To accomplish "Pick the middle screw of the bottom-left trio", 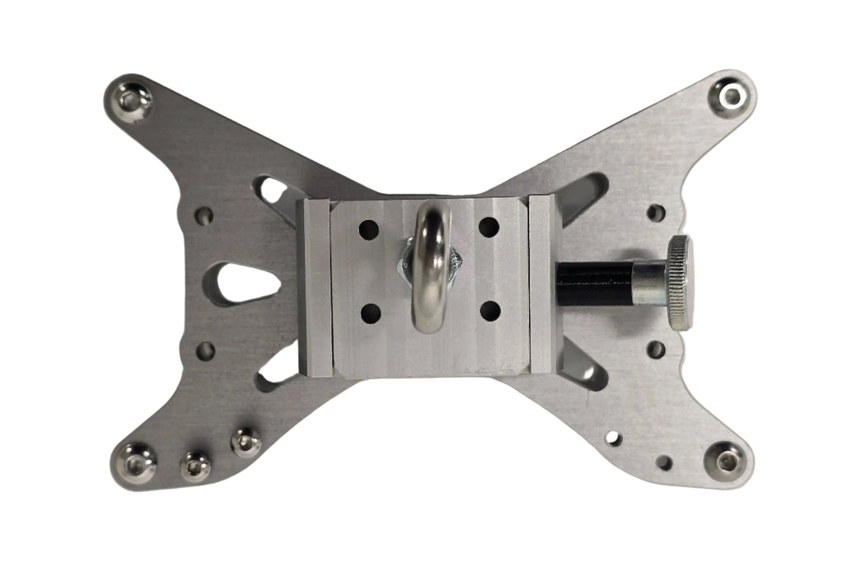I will [x=194, y=467].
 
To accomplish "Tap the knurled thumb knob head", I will [x=679, y=283].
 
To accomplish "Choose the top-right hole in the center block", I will [x=489, y=227].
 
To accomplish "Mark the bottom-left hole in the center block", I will [x=370, y=313].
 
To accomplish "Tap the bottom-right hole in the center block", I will [x=490, y=312].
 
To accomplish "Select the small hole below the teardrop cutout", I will [x=204, y=351].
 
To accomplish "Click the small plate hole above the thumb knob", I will [x=656, y=213].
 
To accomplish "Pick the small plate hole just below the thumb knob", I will [x=656, y=349].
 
